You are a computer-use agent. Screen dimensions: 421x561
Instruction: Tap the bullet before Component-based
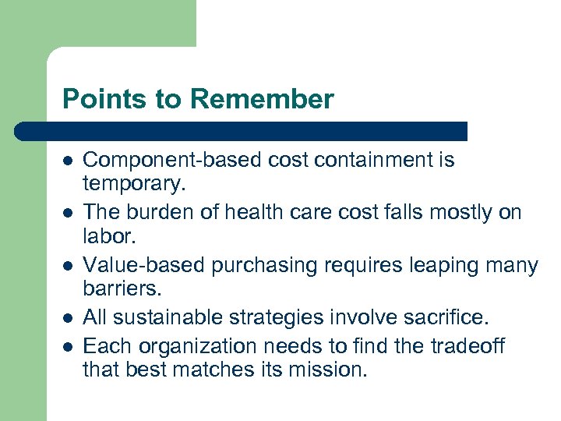pos(68,161)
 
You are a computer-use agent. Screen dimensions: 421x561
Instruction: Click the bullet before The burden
pos(68,213)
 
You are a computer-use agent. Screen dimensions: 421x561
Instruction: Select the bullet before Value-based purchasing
pos(68,266)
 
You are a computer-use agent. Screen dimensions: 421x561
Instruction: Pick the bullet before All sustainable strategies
pos(68,317)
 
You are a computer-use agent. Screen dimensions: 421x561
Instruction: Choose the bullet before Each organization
pos(68,346)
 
